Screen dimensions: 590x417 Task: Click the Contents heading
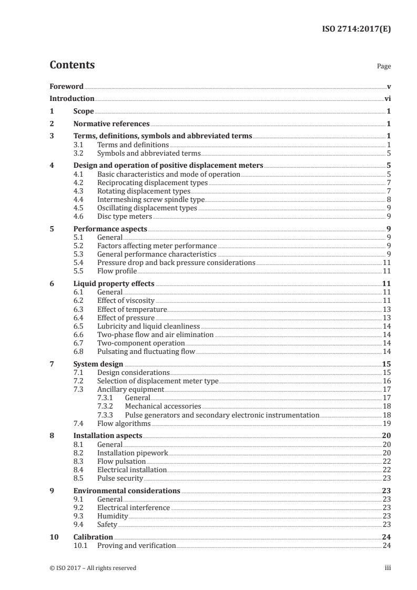pyautogui.click(x=72, y=65)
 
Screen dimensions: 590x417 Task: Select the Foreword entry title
pyautogui.click(x=66, y=86)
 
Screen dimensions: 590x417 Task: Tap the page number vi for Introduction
pyautogui.click(x=387, y=98)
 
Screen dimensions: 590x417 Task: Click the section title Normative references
pyautogui.click(x=111, y=124)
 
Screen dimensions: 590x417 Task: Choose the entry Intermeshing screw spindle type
pyautogui.click(x=151, y=199)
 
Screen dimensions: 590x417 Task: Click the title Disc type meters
pyautogui.click(x=125, y=216)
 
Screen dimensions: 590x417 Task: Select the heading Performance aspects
pyautogui.click(x=110, y=229)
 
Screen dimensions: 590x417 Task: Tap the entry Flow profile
pyautogui.click(x=117, y=271)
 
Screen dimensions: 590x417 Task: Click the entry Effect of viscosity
pyautogui.click(x=126, y=300)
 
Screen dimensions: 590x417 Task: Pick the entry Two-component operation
pyautogui.click(x=141, y=343)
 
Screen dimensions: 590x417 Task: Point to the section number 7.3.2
pyautogui.click(x=107, y=406)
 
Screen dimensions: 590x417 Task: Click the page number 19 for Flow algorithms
pyautogui.click(x=386, y=423)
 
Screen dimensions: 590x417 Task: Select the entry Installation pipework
pyautogui.click(x=133, y=453)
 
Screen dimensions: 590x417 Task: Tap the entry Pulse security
pyautogui.click(x=120, y=478)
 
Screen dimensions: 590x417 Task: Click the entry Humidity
pyautogui.click(x=113, y=516)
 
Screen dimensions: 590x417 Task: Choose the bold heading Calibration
pyautogui.click(x=93, y=537)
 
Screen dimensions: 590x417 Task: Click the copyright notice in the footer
pyautogui.click(x=93, y=568)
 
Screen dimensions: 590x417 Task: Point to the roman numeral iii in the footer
pyautogui.click(x=388, y=568)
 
